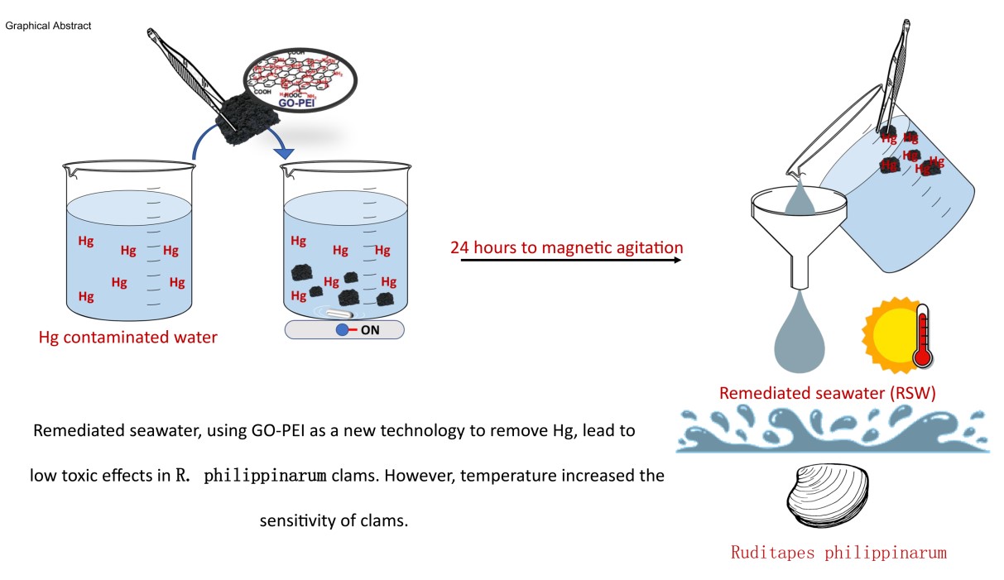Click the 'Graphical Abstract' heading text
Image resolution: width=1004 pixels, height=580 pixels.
[48, 26]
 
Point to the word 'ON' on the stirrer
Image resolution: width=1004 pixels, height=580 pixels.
[369, 330]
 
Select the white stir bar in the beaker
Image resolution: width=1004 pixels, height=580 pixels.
[341, 314]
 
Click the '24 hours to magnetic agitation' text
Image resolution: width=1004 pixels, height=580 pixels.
[567, 247]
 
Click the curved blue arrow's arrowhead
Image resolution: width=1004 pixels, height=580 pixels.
[284, 151]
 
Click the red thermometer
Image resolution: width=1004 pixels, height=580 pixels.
[923, 338]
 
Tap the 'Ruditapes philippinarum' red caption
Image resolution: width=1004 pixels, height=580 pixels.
[838, 552]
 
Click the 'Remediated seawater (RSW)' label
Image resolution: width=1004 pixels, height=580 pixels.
[827, 394]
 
